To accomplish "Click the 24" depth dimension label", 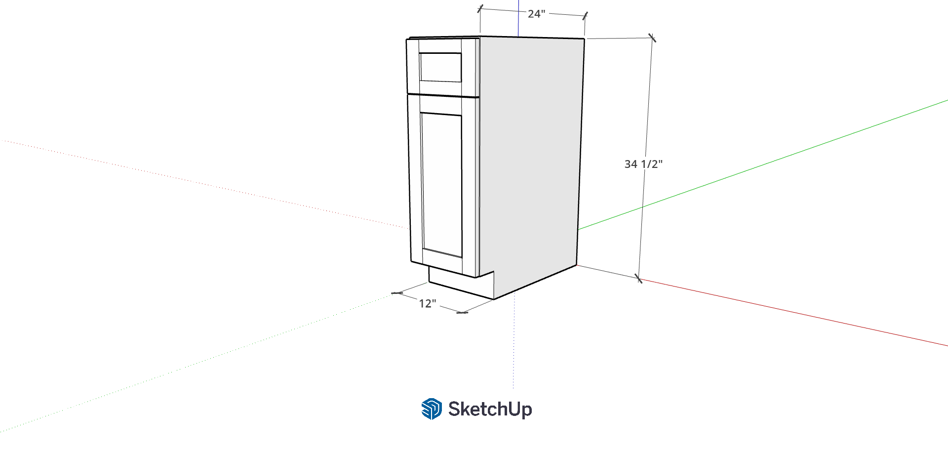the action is (x=536, y=14).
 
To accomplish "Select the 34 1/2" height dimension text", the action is (x=643, y=164).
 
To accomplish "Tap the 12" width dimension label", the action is (x=428, y=303).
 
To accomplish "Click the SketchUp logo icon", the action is (x=432, y=409).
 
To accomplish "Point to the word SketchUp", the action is (x=490, y=409).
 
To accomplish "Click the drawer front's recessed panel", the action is (x=440, y=67).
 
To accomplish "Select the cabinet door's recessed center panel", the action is (x=442, y=184).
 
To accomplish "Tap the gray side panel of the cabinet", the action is (x=531, y=158).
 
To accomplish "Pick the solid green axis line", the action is (x=763, y=165).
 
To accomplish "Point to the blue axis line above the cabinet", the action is (x=518, y=18).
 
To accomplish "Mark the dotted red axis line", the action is (x=205, y=184).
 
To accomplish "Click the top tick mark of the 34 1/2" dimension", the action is (x=652, y=38).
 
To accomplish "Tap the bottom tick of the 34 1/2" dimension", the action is (x=639, y=279).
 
